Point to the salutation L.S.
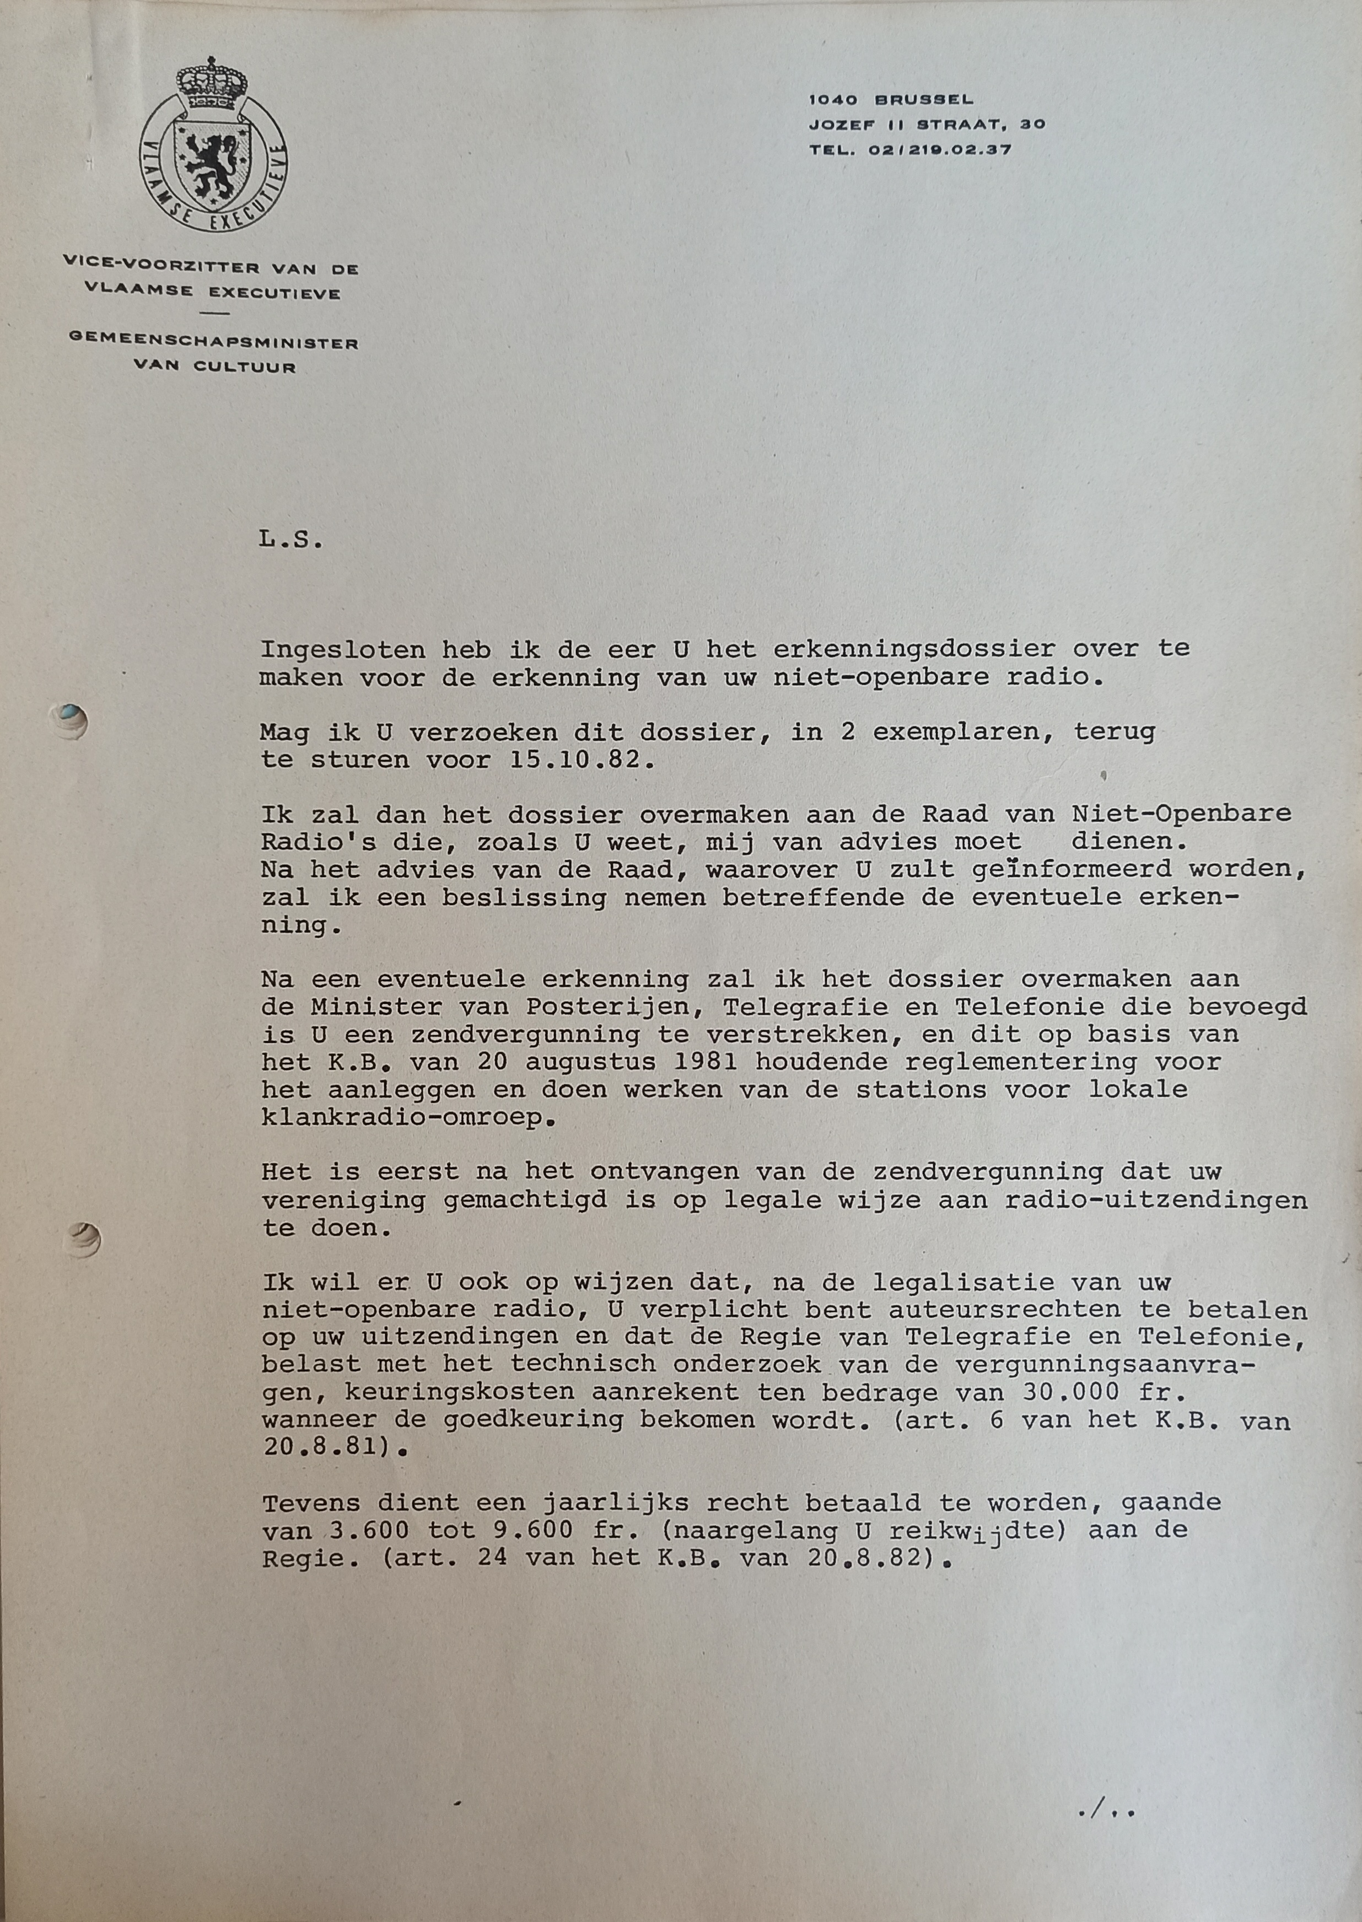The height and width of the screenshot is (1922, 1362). coord(290,540)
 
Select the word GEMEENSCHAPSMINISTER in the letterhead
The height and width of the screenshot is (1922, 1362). coord(212,343)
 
